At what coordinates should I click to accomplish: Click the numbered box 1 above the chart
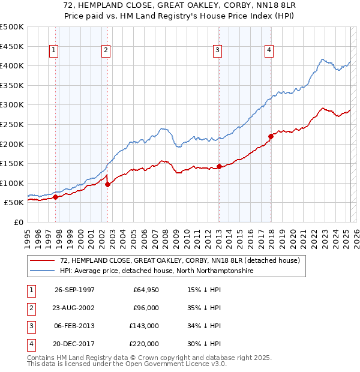[54, 50]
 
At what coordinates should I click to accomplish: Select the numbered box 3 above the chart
[217, 50]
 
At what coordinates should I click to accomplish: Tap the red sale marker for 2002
[107, 185]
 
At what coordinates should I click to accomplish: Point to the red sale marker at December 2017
[271, 136]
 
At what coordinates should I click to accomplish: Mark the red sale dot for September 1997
[55, 197]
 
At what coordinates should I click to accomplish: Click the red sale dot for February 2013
[220, 166]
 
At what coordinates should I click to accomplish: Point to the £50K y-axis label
[14, 203]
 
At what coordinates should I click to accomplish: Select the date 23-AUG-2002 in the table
[74, 308]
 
